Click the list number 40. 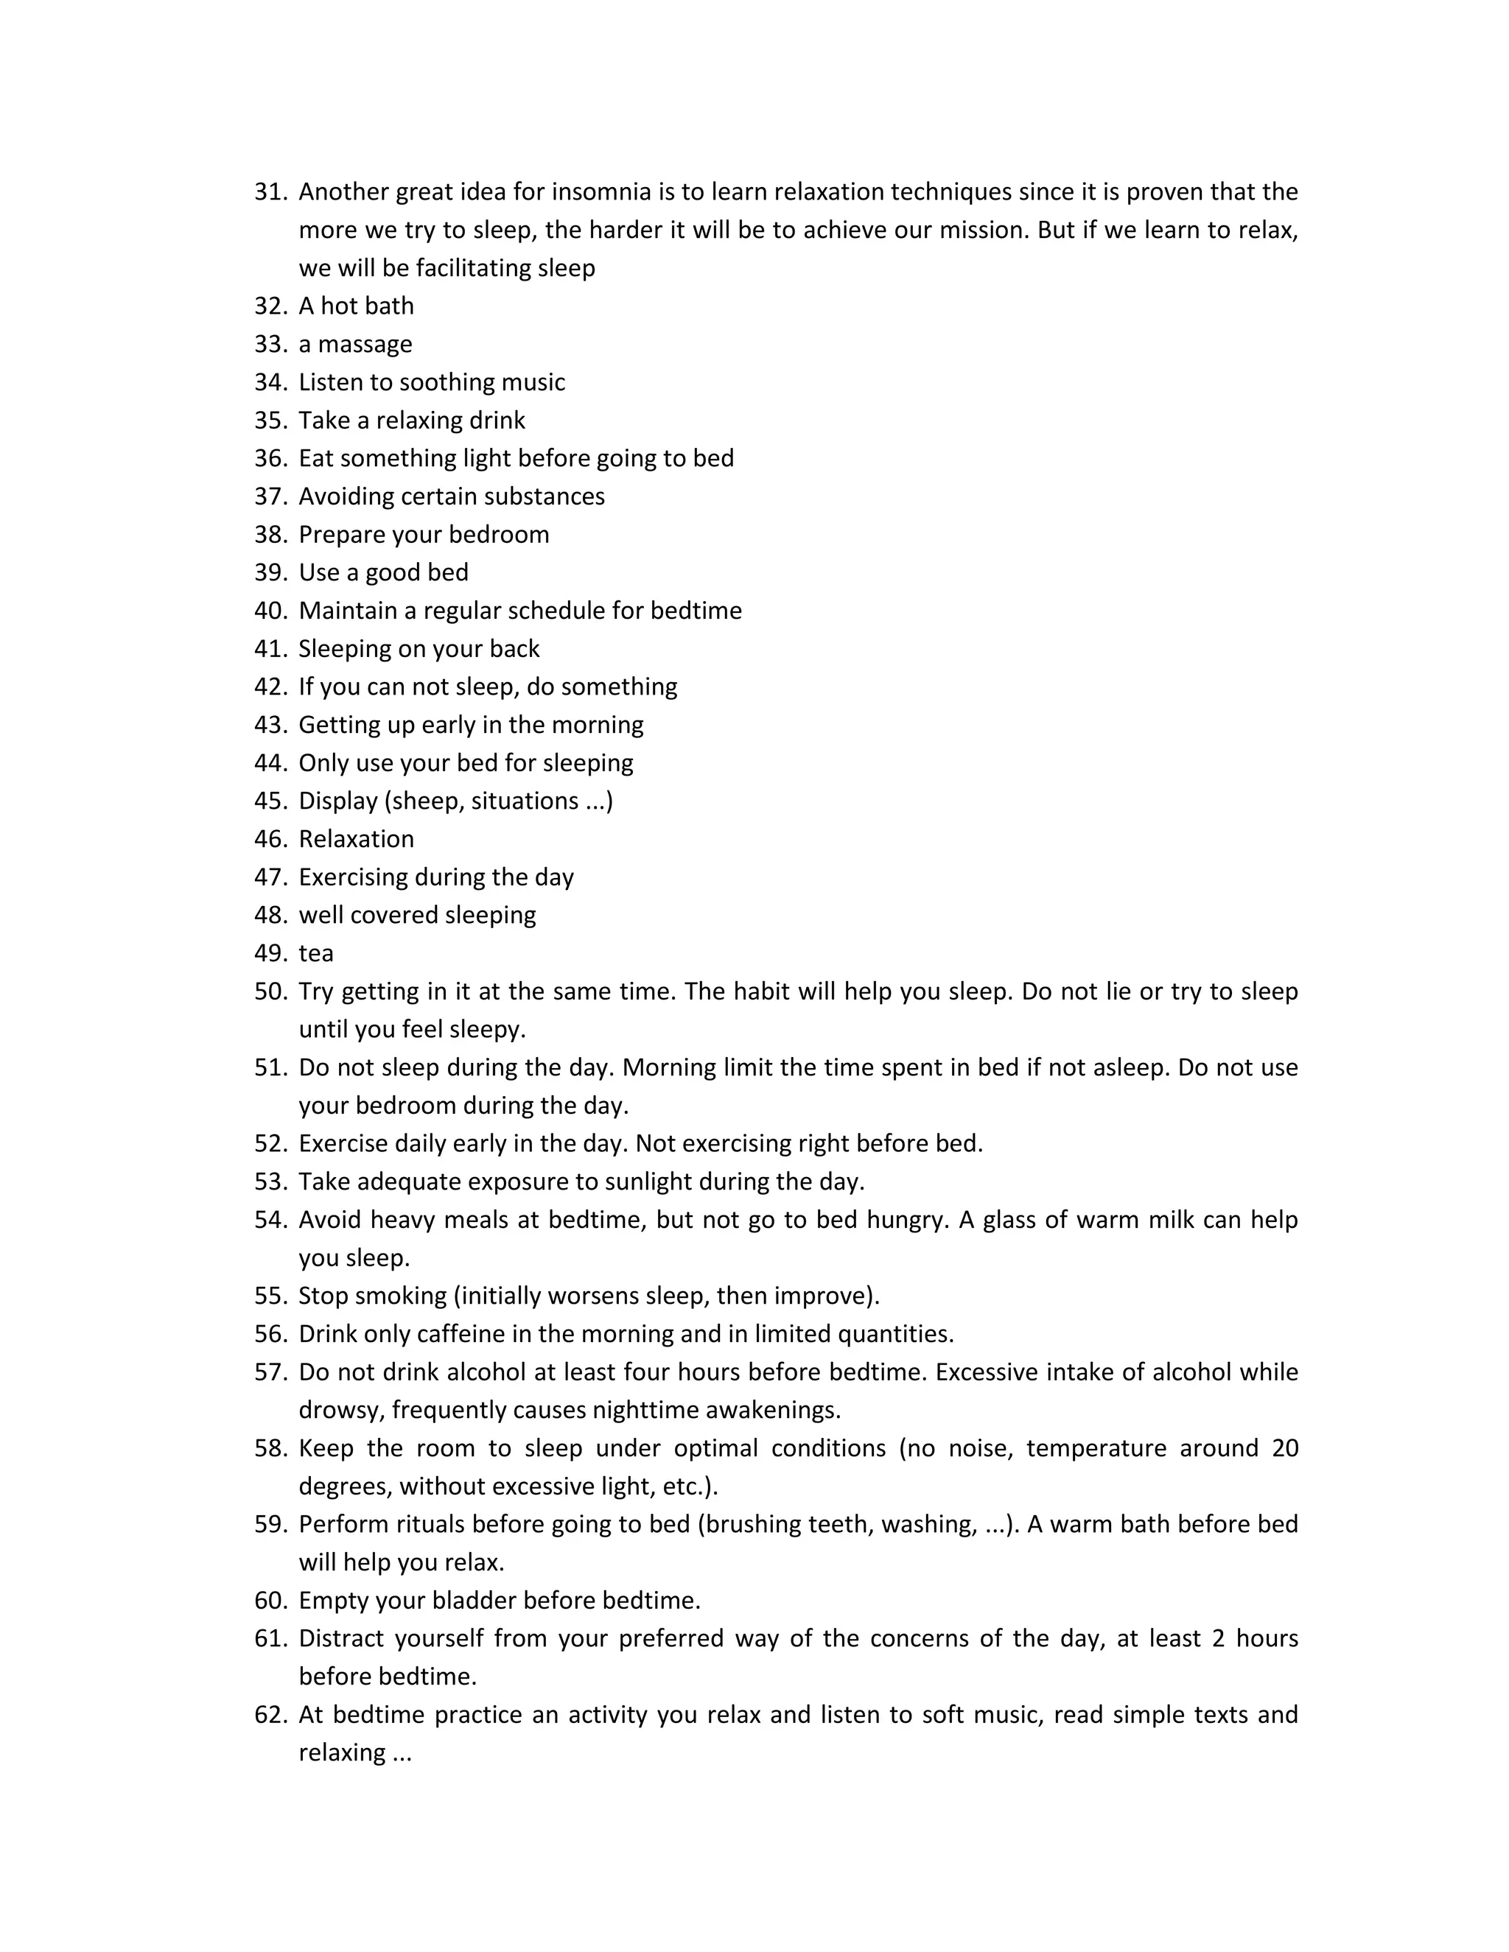[x=269, y=611]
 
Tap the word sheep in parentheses [x=427, y=801]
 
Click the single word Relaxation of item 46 [x=356, y=839]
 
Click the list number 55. [x=269, y=1296]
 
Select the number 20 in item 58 [x=1284, y=1448]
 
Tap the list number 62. [x=269, y=1714]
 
